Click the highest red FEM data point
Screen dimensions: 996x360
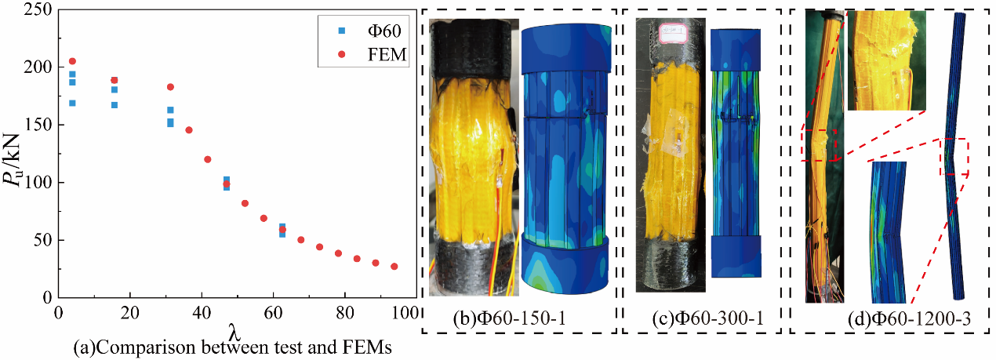72,61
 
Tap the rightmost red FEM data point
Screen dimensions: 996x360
394,266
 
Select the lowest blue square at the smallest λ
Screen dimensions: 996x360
72,103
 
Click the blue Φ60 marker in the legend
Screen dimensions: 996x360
341,31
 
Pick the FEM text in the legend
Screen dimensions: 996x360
387,54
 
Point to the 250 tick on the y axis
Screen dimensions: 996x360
38,9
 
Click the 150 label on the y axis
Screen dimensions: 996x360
38,125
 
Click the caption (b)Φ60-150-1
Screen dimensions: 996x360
509,318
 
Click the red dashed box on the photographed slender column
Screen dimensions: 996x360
819,145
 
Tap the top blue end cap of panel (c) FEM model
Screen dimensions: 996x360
736,49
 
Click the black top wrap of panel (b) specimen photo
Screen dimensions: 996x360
474,49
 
